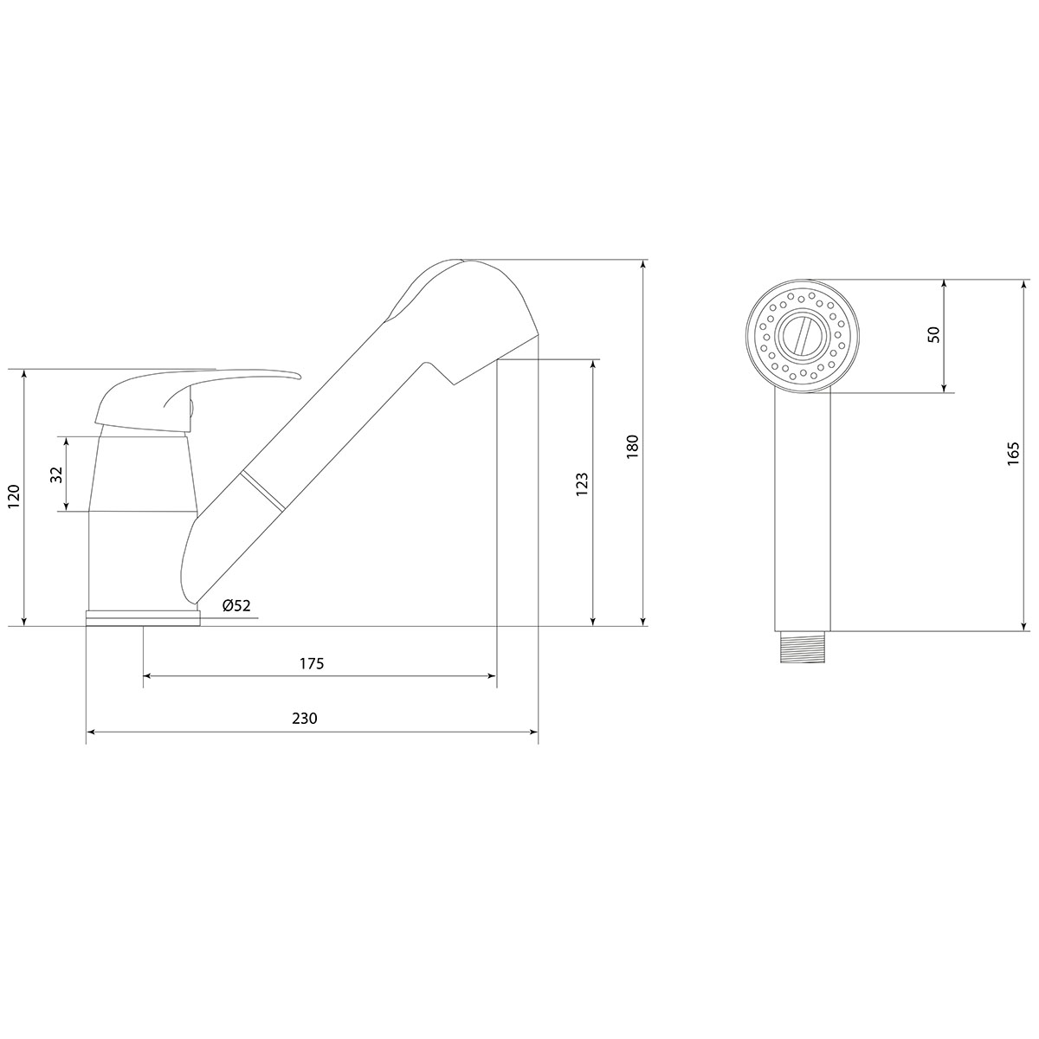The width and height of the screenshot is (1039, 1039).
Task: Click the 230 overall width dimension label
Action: [x=305, y=718]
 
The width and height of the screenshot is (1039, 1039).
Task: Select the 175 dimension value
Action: [x=312, y=663]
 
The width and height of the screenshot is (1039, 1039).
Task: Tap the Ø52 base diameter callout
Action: [x=236, y=605]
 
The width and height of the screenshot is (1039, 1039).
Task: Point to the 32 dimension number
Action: [x=57, y=474]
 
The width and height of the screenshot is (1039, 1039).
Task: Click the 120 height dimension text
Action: [x=14, y=497]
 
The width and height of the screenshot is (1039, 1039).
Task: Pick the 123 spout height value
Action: [x=582, y=485]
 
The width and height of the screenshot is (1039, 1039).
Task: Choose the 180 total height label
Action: [x=632, y=447]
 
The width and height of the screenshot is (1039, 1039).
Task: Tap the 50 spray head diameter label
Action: [x=934, y=334]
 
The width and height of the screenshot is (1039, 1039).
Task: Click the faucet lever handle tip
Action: [x=297, y=374]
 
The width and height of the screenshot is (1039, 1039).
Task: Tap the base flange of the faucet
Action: [x=143, y=617]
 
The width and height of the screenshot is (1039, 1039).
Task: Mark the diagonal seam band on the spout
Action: [x=262, y=489]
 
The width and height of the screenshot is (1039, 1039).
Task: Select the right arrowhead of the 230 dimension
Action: [x=534, y=732]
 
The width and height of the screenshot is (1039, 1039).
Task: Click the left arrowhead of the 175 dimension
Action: [x=146, y=675]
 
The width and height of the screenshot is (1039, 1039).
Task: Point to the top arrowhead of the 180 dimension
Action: [x=642, y=264]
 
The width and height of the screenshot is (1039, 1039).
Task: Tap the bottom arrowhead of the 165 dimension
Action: [x=1024, y=626]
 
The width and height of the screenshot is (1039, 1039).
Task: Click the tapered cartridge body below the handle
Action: [x=142, y=474]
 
